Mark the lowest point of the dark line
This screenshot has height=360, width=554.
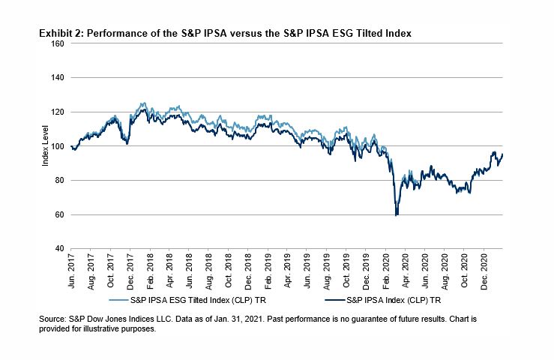click(x=396, y=215)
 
